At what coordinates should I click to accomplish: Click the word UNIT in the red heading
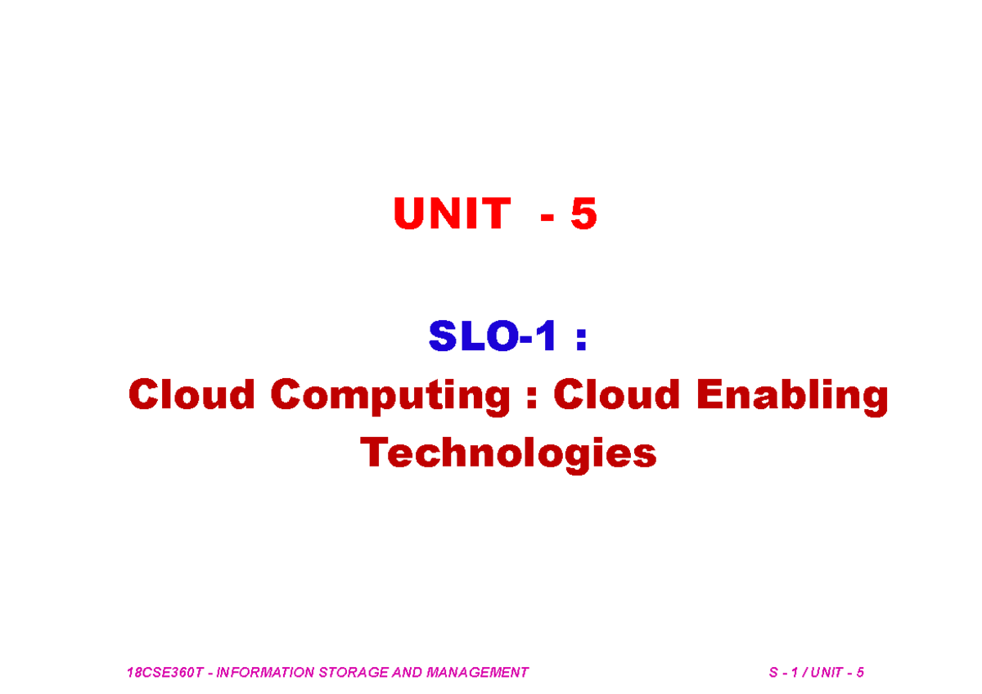pos(451,214)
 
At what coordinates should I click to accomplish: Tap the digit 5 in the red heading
pos(583,214)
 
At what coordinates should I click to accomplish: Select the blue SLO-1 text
pos(493,337)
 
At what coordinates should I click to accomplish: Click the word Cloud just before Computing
pos(192,395)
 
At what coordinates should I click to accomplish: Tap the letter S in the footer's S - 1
pos(773,673)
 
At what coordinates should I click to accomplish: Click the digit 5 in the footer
pos(860,673)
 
